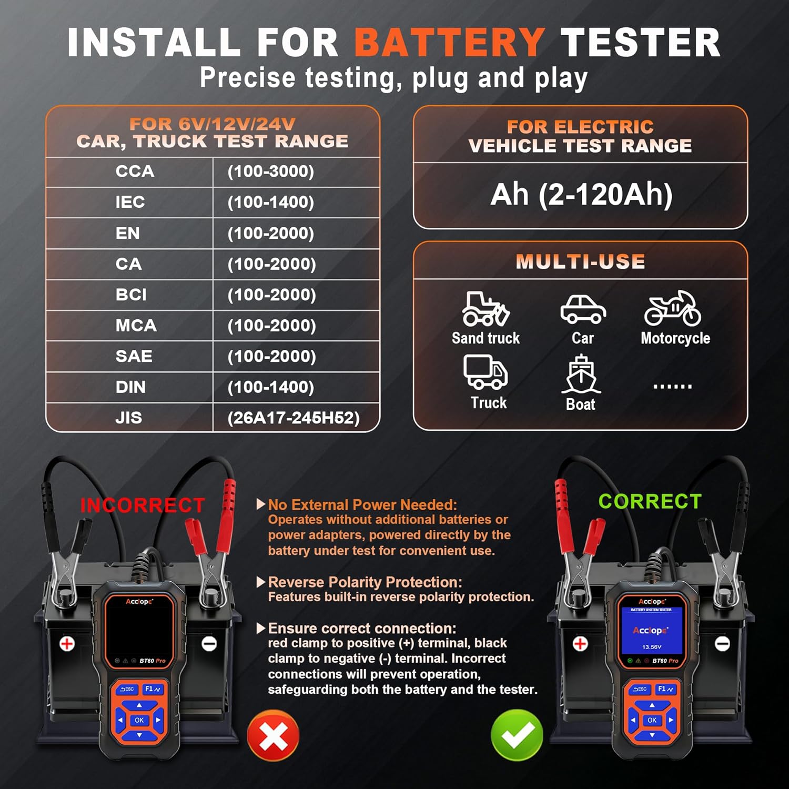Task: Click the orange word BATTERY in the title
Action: [x=449, y=42]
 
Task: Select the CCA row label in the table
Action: [x=135, y=171]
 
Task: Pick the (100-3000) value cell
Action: [x=270, y=171]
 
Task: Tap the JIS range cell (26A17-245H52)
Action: [x=294, y=418]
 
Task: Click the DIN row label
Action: [x=130, y=387]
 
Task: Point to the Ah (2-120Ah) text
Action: [x=581, y=194]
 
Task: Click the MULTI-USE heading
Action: [x=580, y=261]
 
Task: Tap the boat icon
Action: [x=581, y=374]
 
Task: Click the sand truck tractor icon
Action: [x=485, y=309]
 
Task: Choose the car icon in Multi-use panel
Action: [x=583, y=309]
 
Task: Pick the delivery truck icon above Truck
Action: [x=485, y=371]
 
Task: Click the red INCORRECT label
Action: [x=142, y=505]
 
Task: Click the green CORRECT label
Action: [x=650, y=501]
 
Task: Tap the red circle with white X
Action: [x=274, y=735]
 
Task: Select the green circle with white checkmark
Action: [x=517, y=735]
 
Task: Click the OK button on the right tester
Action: [x=652, y=720]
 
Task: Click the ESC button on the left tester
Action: [x=127, y=689]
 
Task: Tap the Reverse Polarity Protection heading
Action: [x=365, y=582]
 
